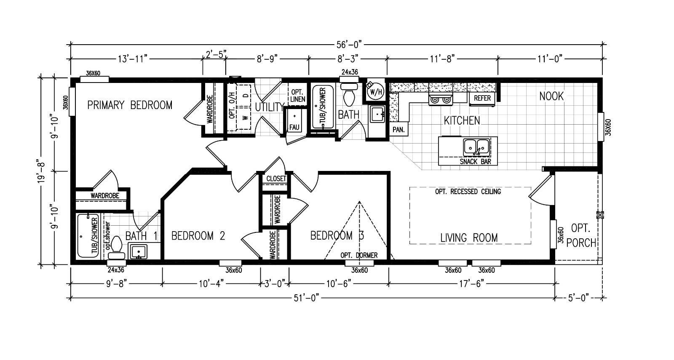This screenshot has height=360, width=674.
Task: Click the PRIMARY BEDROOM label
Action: [130, 105]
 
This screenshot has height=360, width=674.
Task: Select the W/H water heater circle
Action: [375, 91]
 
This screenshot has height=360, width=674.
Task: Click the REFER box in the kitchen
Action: [482, 98]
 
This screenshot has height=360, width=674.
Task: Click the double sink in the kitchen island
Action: [476, 147]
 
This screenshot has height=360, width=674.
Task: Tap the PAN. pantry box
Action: [399, 130]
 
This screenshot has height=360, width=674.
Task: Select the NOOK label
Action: [551, 96]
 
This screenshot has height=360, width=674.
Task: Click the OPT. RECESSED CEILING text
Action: [468, 192]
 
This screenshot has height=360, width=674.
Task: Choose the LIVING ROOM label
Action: [469, 238]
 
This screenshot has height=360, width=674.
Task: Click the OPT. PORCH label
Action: [581, 236]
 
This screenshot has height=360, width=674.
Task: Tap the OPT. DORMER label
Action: [359, 255]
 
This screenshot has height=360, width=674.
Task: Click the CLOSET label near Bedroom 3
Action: [276, 179]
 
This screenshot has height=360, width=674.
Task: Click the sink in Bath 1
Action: [138, 251]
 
